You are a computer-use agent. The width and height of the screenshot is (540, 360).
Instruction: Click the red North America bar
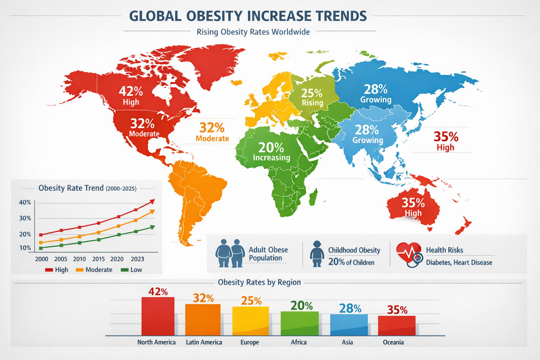tap(158, 316)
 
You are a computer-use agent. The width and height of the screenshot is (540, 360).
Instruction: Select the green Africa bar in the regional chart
tap(300, 323)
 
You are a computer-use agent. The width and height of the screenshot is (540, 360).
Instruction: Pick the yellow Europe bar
tap(250, 321)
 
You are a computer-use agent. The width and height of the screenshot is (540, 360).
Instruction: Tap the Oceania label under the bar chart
tap(393, 342)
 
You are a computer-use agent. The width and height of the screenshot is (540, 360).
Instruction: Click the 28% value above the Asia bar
tap(350, 308)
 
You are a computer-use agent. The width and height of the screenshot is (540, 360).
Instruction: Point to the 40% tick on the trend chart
tap(25, 202)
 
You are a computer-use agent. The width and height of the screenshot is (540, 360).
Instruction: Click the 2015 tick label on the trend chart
tap(98, 259)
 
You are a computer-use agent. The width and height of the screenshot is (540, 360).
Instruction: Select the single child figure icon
tap(317, 254)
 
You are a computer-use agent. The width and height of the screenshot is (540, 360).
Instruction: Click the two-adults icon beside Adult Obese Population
tap(230, 253)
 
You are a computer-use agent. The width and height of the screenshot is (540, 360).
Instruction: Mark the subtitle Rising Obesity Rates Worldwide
tap(253, 32)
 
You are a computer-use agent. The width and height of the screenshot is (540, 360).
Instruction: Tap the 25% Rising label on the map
tap(312, 97)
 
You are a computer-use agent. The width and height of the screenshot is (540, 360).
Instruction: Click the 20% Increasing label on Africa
tap(271, 152)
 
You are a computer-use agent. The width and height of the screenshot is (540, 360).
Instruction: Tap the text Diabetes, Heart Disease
tap(459, 263)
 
